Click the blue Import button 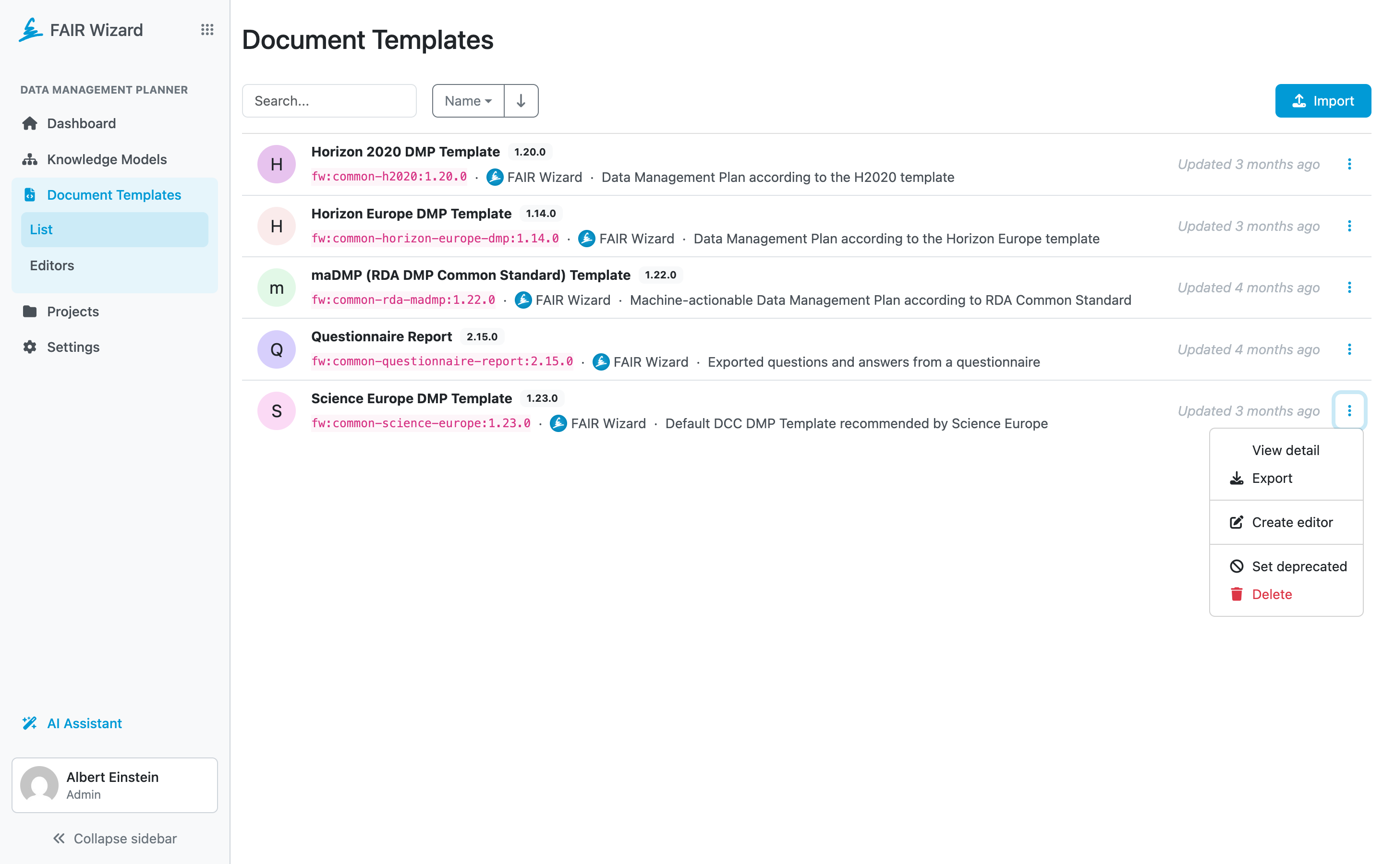pyautogui.click(x=1322, y=101)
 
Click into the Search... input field pyautogui.click(x=329, y=101)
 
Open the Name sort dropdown pyautogui.click(x=468, y=101)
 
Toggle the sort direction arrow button pyautogui.click(x=521, y=101)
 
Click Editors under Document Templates pyautogui.click(x=52, y=266)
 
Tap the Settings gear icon pyautogui.click(x=30, y=347)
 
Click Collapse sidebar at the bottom pyautogui.click(x=114, y=838)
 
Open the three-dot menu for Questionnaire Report pyautogui.click(x=1349, y=349)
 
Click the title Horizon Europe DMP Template pyautogui.click(x=412, y=214)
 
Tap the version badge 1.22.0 pyautogui.click(x=661, y=275)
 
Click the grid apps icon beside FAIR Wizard pyautogui.click(x=207, y=30)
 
